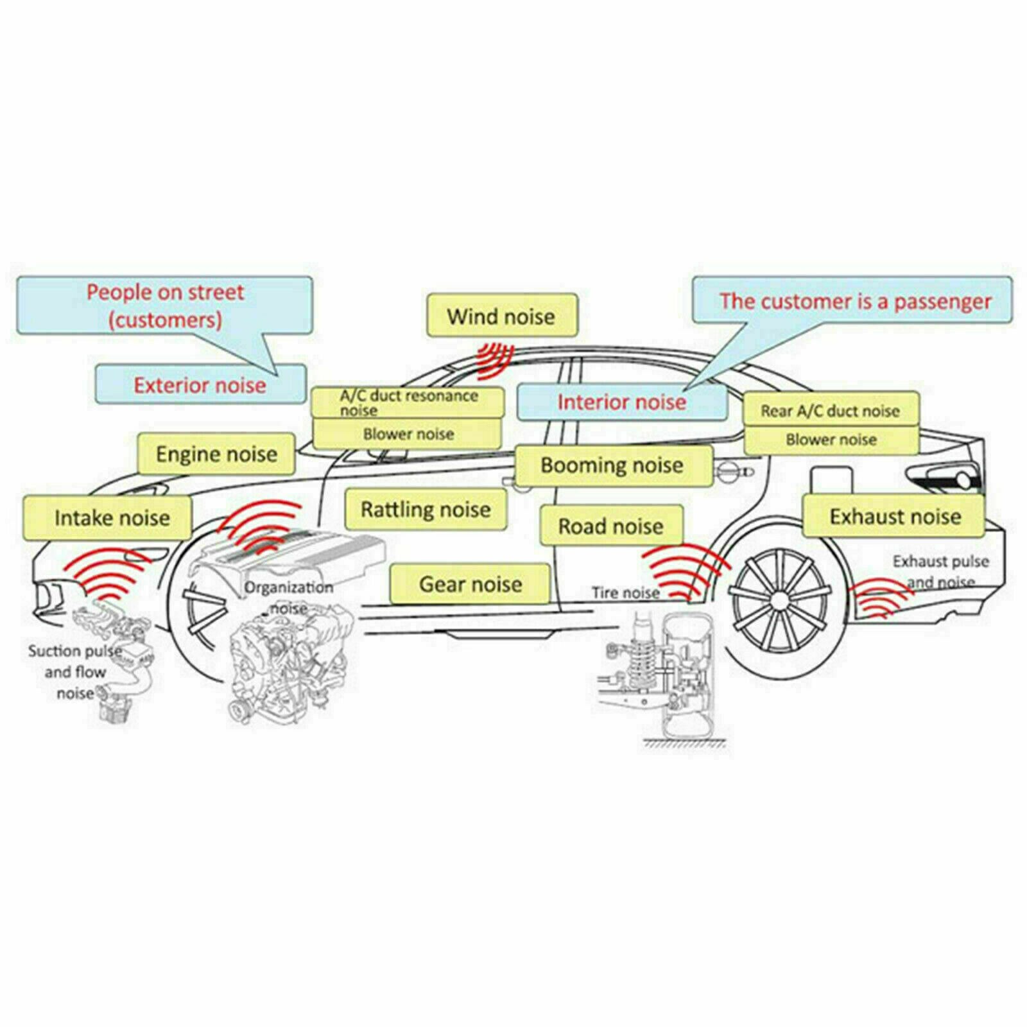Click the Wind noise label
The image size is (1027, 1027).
(x=502, y=316)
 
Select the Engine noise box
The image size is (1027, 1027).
(x=217, y=454)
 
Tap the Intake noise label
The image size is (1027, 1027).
(x=107, y=517)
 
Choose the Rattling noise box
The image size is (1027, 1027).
(x=426, y=510)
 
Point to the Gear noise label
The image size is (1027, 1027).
(x=470, y=584)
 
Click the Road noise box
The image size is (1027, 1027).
(x=611, y=526)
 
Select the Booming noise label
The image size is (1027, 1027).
(x=614, y=465)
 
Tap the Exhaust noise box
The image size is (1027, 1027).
(x=893, y=516)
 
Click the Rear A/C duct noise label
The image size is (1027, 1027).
(x=831, y=410)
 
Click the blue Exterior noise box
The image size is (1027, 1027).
(x=200, y=384)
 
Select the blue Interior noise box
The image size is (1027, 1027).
(x=621, y=402)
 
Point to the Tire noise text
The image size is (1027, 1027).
(x=625, y=593)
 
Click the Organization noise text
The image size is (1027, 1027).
(x=289, y=597)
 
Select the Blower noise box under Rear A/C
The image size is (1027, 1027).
(x=831, y=440)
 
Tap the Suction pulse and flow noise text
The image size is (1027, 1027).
(x=75, y=672)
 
